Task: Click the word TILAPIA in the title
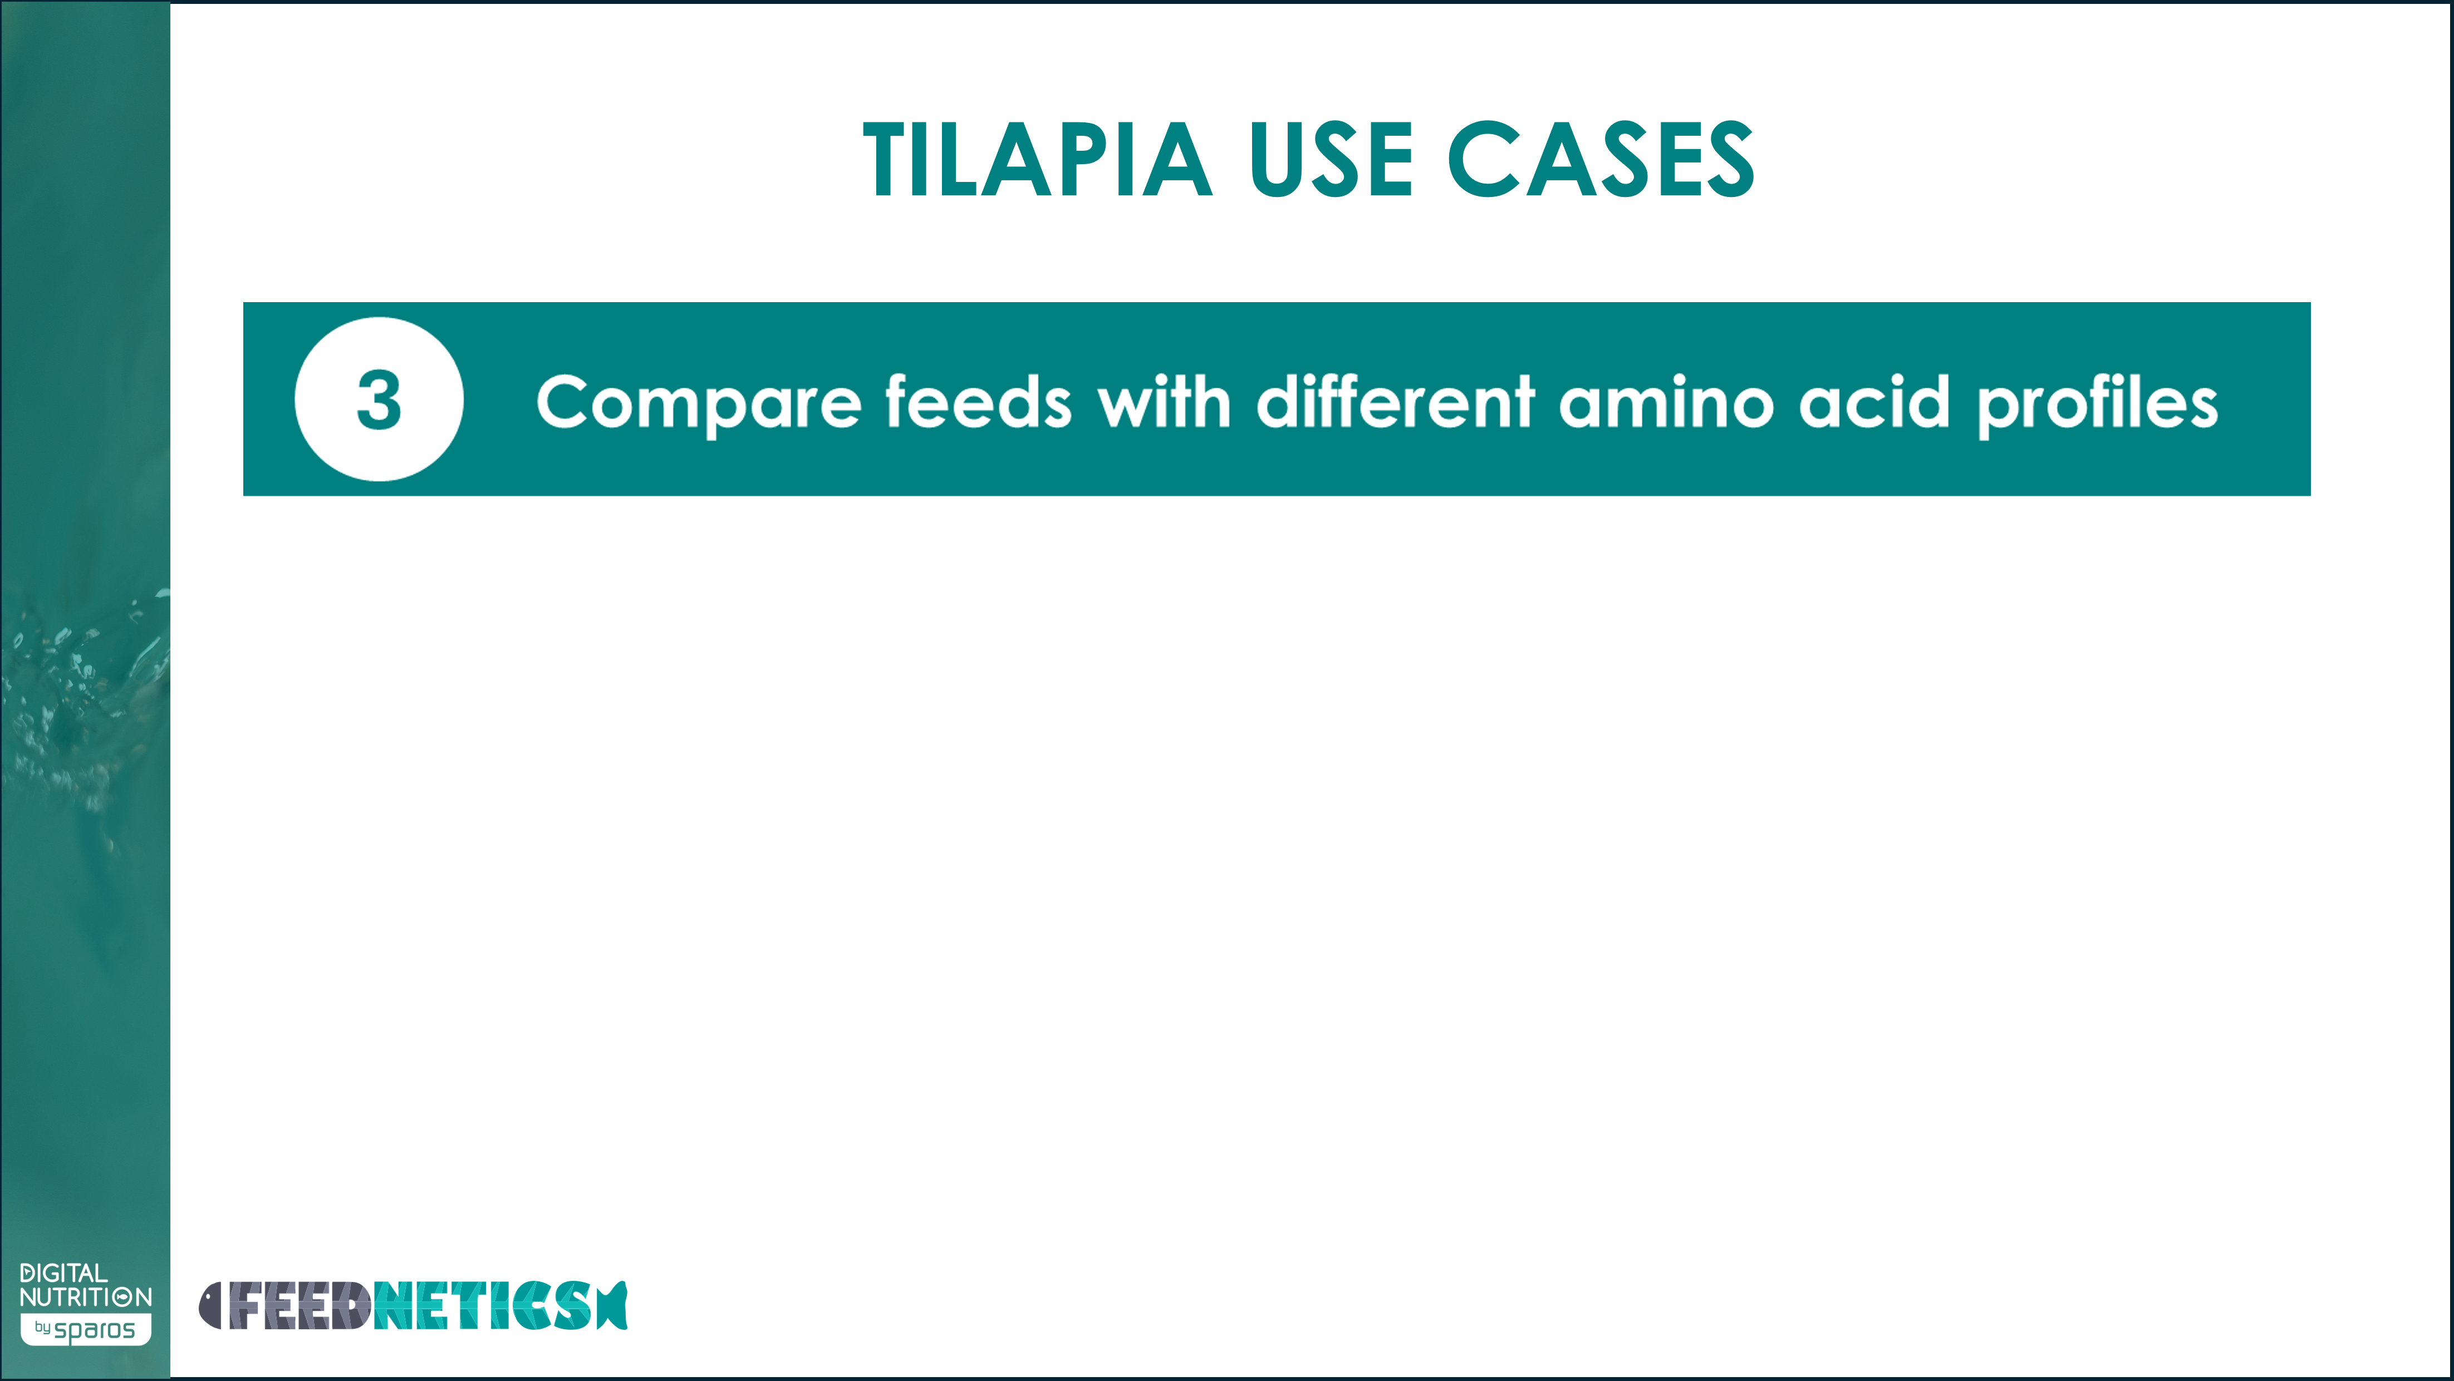[1037, 160]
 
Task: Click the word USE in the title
[1331, 160]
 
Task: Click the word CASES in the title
[1601, 160]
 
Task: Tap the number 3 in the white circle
[379, 400]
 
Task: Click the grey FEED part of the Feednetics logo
[298, 1305]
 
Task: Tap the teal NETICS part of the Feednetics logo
[483, 1305]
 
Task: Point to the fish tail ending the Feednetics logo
[612, 1305]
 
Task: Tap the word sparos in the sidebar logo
[94, 1330]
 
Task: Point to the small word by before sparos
[43, 1326]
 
